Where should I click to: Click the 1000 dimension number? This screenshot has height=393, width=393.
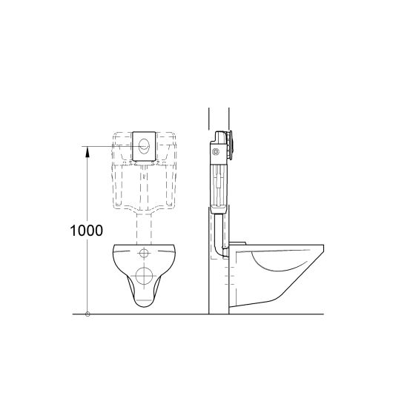point(86,231)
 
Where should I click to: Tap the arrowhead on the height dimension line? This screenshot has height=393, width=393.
point(87,152)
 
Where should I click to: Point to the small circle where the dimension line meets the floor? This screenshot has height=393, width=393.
point(87,314)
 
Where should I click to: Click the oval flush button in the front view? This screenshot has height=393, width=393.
point(144,145)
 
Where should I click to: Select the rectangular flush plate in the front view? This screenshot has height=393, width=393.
point(144,146)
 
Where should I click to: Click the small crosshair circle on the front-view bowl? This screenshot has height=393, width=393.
point(144,253)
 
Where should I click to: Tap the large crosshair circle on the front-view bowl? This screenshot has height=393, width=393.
point(144,276)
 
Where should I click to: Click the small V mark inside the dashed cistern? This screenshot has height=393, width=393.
point(144,176)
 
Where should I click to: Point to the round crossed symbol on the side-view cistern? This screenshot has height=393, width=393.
point(216,151)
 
